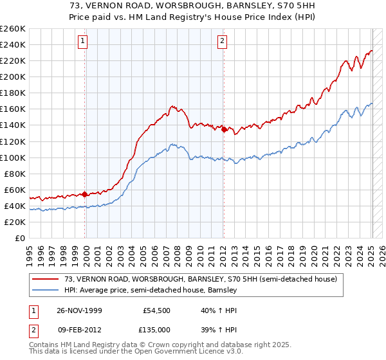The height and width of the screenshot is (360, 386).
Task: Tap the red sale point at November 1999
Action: (85, 194)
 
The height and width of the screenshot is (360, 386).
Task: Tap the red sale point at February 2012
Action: (223, 129)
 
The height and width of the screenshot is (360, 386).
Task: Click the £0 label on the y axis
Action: (21, 238)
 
